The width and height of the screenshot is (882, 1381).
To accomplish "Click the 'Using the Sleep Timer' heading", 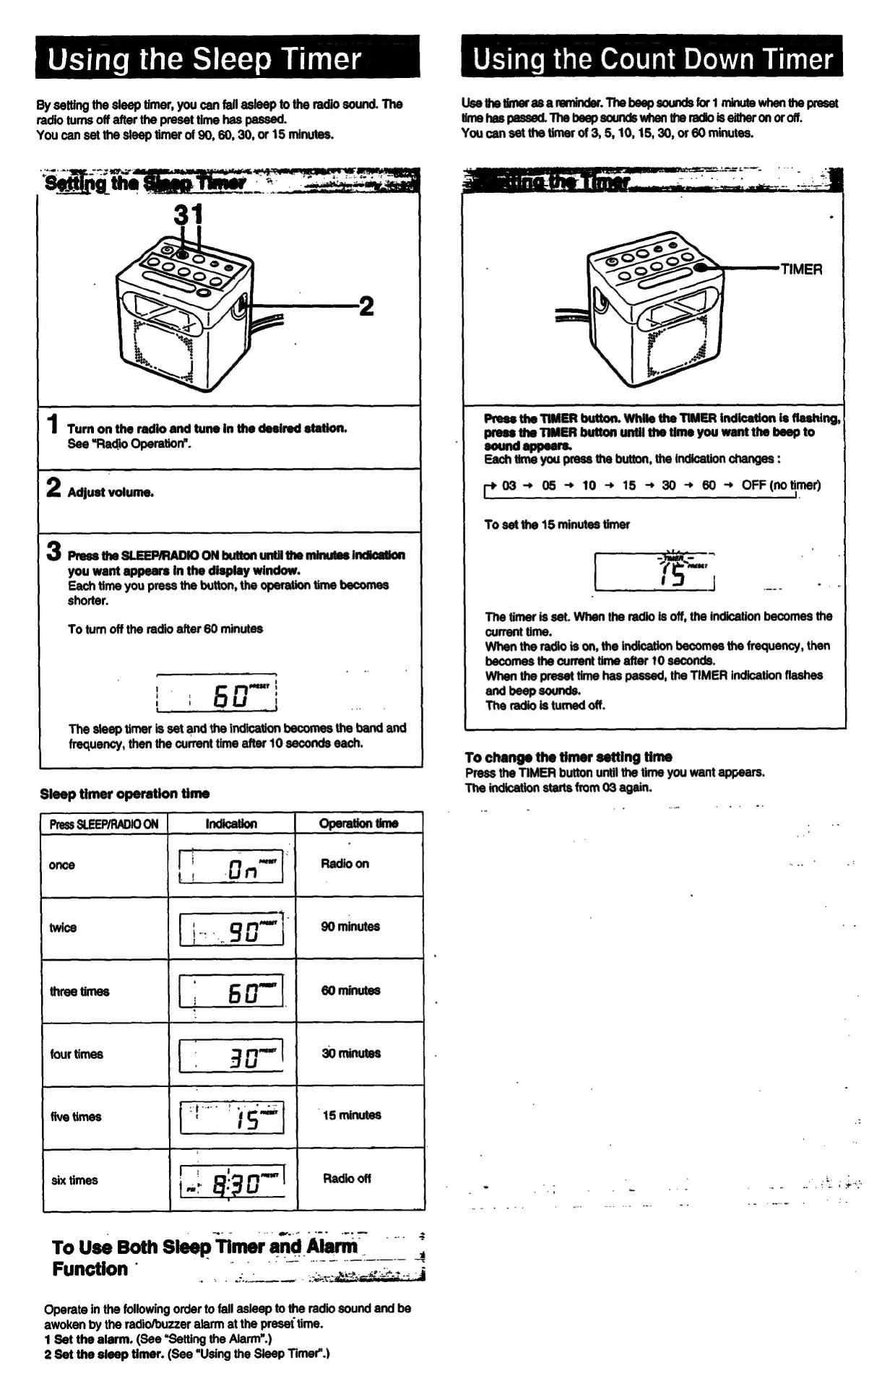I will point(204,59).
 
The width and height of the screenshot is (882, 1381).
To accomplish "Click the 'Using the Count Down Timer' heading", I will point(652,59).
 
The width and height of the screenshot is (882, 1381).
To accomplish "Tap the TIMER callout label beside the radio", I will point(801,269).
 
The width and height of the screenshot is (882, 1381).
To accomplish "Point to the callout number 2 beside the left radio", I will point(366,307).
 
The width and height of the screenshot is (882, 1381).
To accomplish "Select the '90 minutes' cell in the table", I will point(350,927).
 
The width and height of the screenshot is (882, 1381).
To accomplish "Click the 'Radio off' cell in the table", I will point(347,1178).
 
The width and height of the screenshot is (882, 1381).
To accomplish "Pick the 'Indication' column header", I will point(231,823).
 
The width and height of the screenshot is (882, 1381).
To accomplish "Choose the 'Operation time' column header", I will point(358,823).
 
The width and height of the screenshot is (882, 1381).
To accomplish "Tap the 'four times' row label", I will point(77,1054).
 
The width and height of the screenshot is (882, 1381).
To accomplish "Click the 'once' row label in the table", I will point(62,865).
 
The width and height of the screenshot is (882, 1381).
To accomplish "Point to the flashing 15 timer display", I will point(654,571).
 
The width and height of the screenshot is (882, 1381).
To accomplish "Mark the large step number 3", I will point(54,552).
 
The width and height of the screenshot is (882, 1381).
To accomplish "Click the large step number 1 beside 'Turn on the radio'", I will point(53,425).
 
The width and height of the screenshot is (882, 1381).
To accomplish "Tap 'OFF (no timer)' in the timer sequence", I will point(781,485).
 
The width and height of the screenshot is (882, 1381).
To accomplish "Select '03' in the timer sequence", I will point(509,485).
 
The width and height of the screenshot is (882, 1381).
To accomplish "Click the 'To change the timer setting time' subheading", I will point(568,757).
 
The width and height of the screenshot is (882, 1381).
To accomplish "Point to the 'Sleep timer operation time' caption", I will point(125,794).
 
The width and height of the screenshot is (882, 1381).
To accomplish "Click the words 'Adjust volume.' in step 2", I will point(111,493).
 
